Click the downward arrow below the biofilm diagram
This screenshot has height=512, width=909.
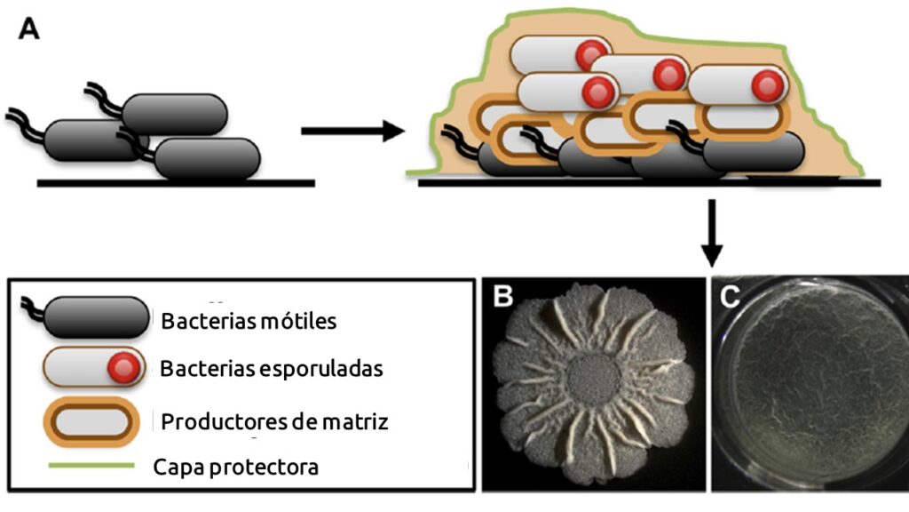[x=711, y=234]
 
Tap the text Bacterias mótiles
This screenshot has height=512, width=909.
[x=249, y=321]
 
